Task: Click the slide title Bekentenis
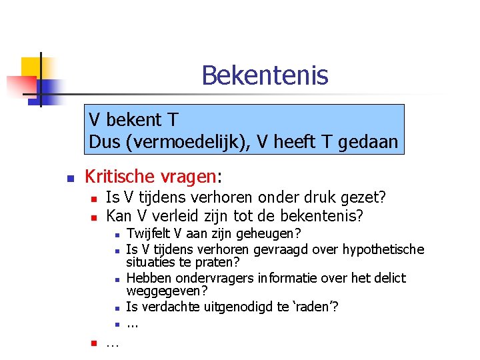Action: pyautogui.click(x=265, y=75)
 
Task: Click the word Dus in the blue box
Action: pyautogui.click(x=104, y=142)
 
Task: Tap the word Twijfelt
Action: pyautogui.click(x=147, y=233)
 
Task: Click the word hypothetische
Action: pyautogui.click(x=383, y=249)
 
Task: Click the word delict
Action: pyautogui.click(x=389, y=277)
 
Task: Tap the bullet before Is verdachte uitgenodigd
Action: pyautogui.click(x=116, y=308)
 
